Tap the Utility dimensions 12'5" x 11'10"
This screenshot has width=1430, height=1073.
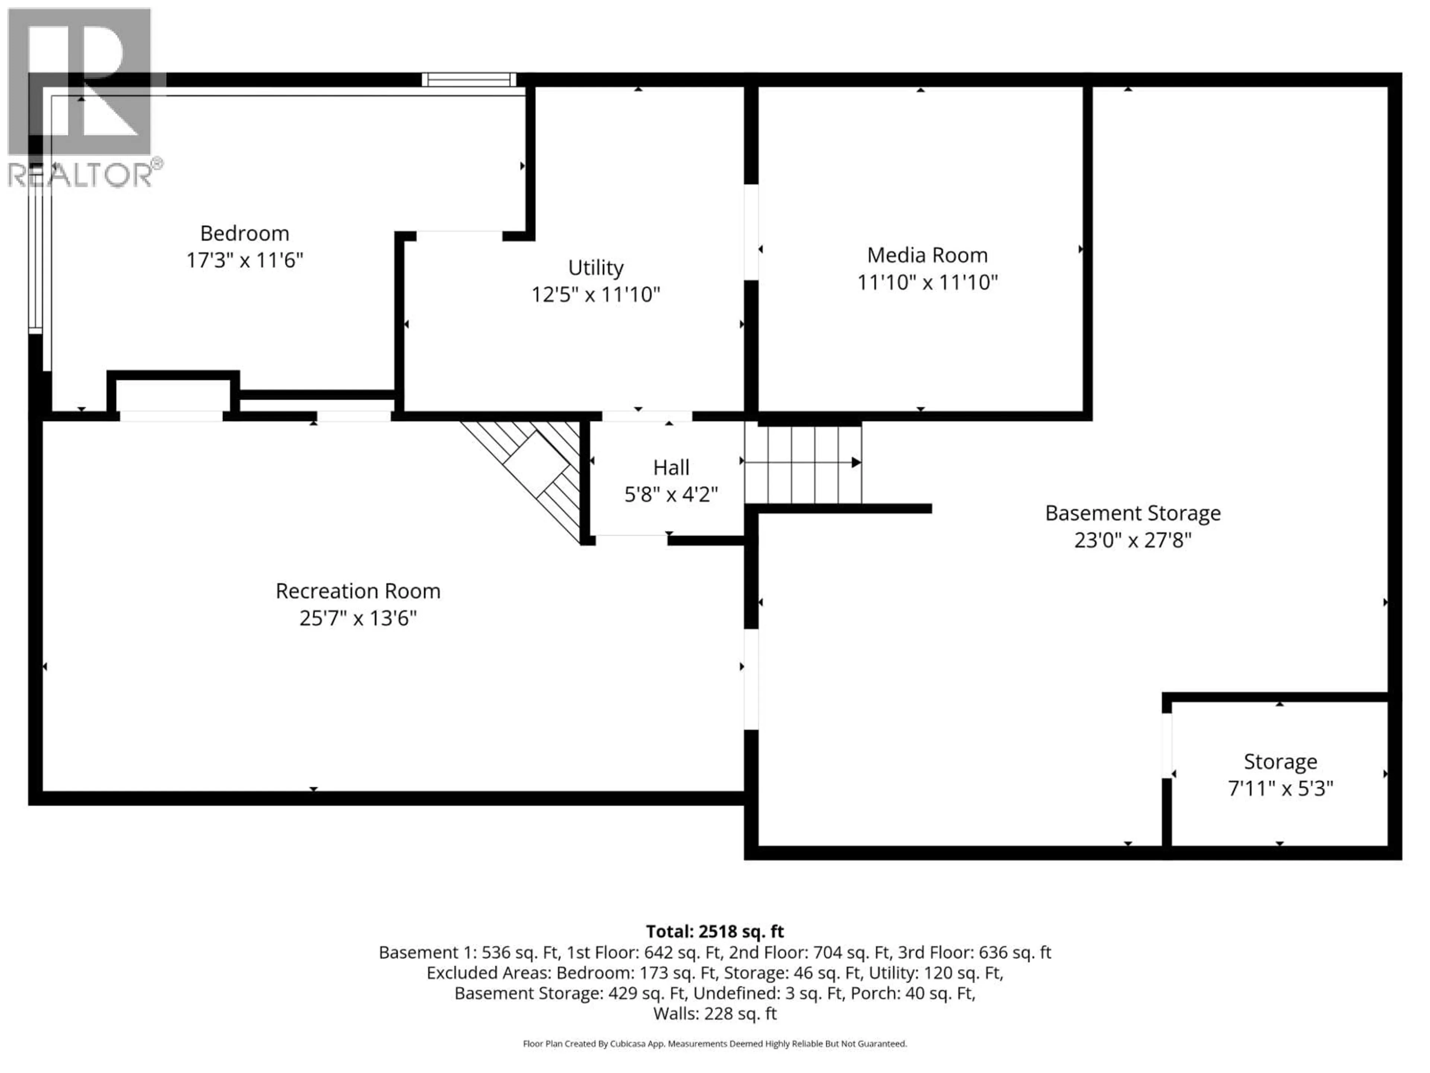[x=595, y=295]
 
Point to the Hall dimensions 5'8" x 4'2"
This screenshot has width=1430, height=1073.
[x=671, y=495]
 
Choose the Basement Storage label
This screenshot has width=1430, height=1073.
[x=1132, y=513]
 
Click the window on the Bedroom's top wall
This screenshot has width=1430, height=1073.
[x=469, y=80]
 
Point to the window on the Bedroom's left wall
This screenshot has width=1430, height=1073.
[x=35, y=259]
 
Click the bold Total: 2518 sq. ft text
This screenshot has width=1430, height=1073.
[x=714, y=931]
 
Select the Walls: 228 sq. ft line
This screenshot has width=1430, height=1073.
[x=714, y=1013]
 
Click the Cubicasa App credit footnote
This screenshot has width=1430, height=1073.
[x=714, y=1043]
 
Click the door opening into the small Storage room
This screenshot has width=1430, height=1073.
[x=1167, y=745]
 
